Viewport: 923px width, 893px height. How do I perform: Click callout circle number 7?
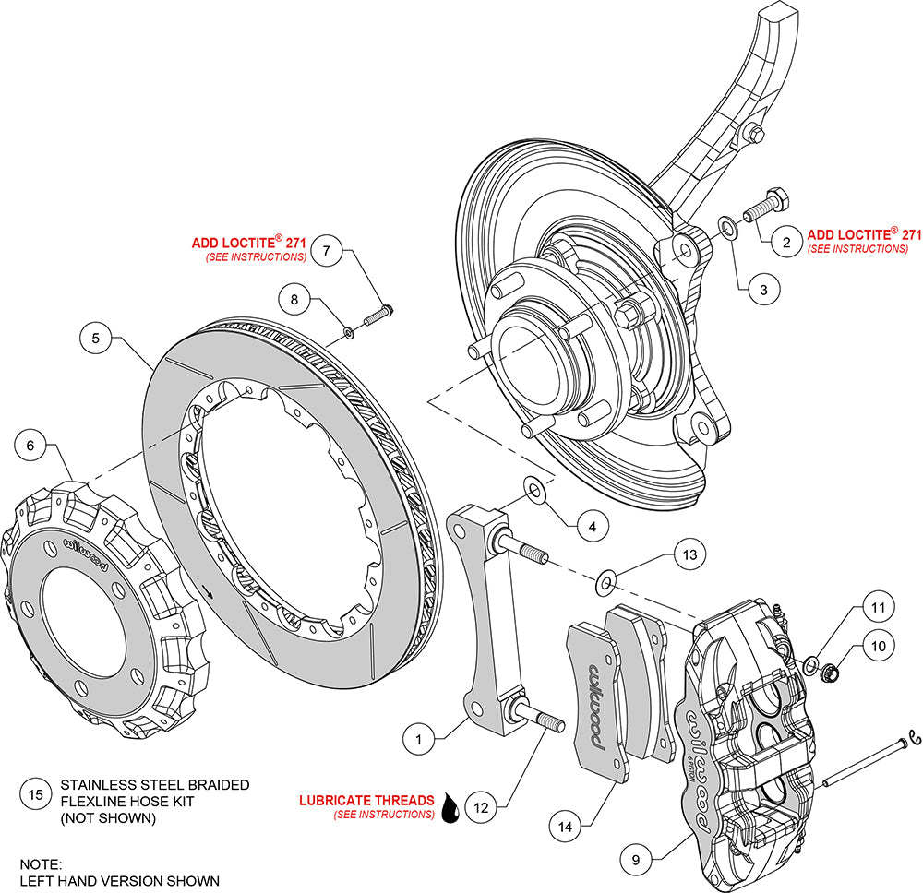tap(327, 251)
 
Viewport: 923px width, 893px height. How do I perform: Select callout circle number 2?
tap(786, 242)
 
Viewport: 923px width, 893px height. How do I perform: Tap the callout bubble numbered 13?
tap(689, 554)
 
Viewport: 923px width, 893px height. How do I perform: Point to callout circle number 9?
tap(636, 860)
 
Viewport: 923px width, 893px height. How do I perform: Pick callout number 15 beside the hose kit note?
tap(35, 795)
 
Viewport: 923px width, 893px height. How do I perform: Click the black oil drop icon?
tap(450, 807)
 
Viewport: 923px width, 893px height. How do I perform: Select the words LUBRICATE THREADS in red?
tap(366, 800)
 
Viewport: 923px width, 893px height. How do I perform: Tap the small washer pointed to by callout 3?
tap(727, 228)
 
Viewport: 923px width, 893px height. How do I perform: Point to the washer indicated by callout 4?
tap(534, 490)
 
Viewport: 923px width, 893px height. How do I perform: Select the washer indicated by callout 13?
tap(605, 581)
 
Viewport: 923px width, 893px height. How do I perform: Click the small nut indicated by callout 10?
tap(830, 670)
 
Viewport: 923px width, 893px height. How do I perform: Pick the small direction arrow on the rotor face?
tap(207, 590)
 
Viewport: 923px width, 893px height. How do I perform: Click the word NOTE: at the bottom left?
tap(41, 864)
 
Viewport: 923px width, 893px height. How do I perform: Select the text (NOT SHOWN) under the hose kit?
tap(108, 817)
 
